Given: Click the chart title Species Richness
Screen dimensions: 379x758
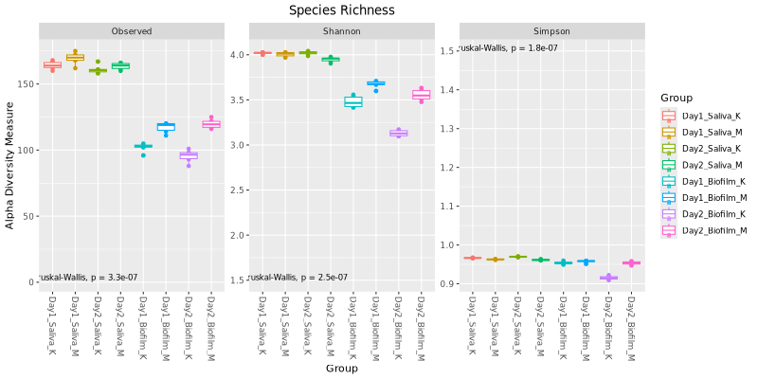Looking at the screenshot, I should tap(341, 10).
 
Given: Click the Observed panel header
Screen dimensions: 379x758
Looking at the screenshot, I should tap(132, 31).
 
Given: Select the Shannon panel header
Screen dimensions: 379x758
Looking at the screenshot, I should tap(341, 31).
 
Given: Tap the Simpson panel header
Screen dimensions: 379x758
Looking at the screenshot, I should tap(550, 31).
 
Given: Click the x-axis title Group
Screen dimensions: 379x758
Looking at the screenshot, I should tap(341, 368).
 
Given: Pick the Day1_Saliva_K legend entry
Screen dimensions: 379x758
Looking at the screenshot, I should tap(703, 117).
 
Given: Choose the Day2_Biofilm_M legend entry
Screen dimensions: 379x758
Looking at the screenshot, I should tap(703, 230).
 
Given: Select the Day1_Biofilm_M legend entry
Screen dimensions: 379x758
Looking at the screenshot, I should tap(703, 198).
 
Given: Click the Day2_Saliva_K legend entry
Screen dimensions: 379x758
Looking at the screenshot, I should tap(703, 149).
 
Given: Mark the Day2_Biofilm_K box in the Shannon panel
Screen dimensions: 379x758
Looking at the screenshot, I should tap(398, 134).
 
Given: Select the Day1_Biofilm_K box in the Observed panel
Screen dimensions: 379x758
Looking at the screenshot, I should tap(143, 146).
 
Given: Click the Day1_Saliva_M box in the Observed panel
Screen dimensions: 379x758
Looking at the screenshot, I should tap(75, 58).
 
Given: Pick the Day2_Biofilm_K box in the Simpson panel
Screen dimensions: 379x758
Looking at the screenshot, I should tap(608, 278).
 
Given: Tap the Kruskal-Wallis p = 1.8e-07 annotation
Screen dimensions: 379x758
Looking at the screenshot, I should tap(507, 48).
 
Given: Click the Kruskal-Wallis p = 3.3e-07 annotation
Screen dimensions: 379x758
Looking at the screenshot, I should tap(88, 278).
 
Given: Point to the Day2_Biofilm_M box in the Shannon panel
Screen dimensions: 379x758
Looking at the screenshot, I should tap(422, 95).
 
